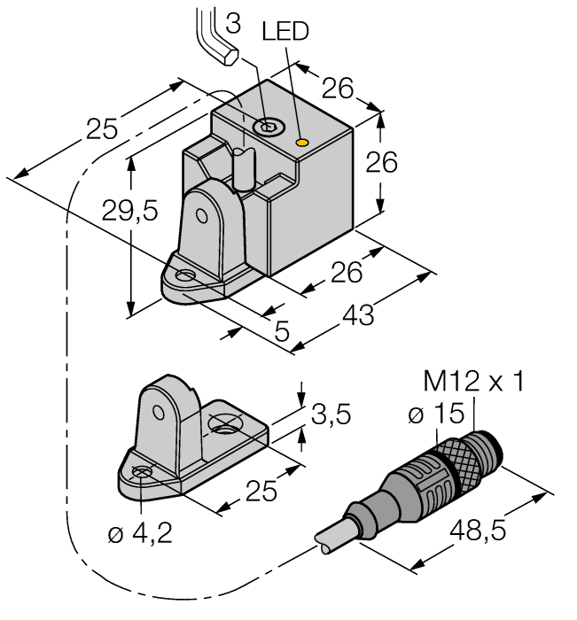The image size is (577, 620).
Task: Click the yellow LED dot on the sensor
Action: (x=302, y=142)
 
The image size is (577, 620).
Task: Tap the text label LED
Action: (x=285, y=32)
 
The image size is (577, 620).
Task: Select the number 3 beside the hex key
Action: (x=233, y=24)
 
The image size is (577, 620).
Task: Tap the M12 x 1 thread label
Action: (x=473, y=382)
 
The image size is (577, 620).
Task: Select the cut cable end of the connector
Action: (x=326, y=542)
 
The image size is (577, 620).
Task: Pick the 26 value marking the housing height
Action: (x=383, y=163)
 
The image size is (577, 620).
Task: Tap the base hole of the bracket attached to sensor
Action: (x=185, y=277)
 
